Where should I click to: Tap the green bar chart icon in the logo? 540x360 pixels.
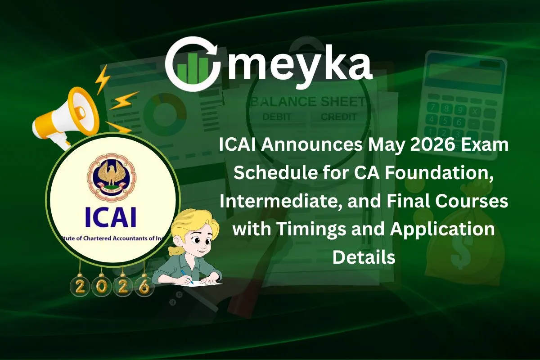[x=193, y=64]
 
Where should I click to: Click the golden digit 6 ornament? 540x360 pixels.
[x=144, y=286]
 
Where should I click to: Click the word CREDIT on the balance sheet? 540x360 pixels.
[x=339, y=117]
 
